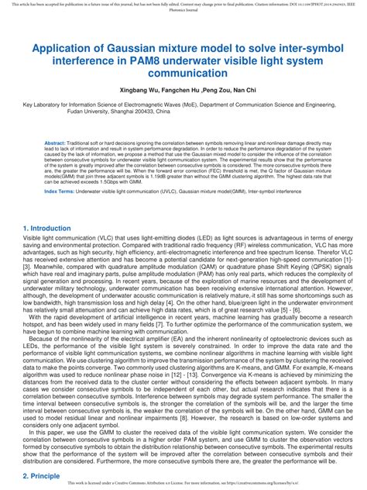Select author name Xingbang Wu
[x=142, y=90]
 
